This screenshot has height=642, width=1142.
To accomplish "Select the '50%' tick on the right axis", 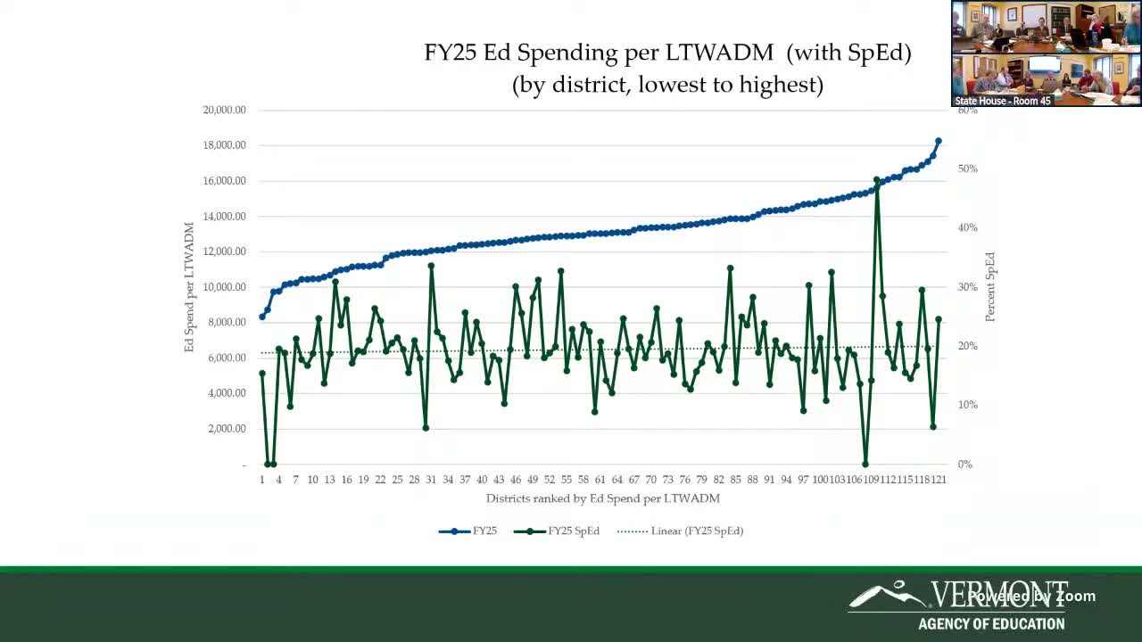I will pyautogui.click(x=968, y=169).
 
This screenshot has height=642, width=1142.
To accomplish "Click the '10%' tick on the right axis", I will pyautogui.click(x=968, y=406).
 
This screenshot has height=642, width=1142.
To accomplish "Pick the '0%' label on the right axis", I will pyautogui.click(x=965, y=465).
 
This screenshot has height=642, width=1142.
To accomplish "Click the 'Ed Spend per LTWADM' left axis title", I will pyautogui.click(x=189, y=287).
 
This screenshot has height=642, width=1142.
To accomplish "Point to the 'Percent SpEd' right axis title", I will pyautogui.click(x=990, y=287).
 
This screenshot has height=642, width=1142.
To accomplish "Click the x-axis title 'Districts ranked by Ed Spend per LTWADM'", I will pyautogui.click(x=602, y=498).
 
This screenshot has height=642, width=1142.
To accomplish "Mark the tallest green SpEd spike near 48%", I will pyautogui.click(x=877, y=180).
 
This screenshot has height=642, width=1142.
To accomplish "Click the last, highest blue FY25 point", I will pyautogui.click(x=939, y=141).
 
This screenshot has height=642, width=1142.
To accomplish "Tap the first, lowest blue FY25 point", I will pyautogui.click(x=262, y=317).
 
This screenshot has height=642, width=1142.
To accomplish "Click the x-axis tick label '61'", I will pyautogui.click(x=600, y=480).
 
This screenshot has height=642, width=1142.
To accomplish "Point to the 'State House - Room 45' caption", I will pyautogui.click(x=1003, y=101).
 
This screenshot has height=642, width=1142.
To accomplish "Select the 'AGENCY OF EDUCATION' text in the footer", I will pyautogui.click(x=991, y=624).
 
